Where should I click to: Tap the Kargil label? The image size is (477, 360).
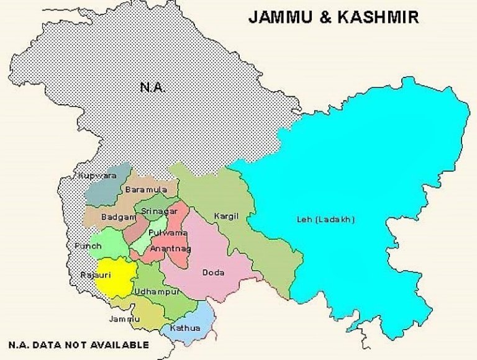click(x=226, y=216)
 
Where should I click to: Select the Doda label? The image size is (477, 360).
click(x=213, y=272)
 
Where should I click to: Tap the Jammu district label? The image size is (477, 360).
click(x=124, y=319)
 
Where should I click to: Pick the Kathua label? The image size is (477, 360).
click(x=185, y=327)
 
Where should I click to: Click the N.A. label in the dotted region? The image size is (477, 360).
click(x=152, y=88)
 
